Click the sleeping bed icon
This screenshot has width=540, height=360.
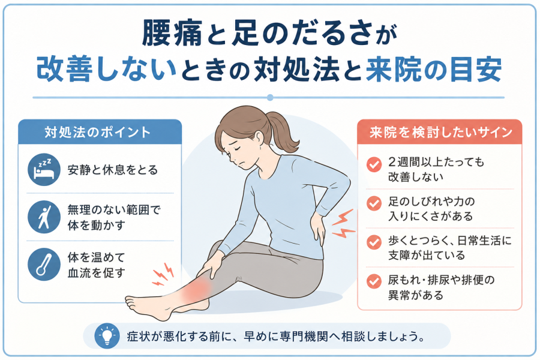(x=44, y=169)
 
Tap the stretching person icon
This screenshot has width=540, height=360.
(x=44, y=217)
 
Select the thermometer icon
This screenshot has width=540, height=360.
(x=44, y=265)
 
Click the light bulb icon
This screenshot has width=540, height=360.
(x=107, y=335)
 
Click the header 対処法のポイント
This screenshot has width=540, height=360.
(x=98, y=132)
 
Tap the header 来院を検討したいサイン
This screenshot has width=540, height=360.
(x=441, y=132)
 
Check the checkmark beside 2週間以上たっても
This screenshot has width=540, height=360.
(x=374, y=164)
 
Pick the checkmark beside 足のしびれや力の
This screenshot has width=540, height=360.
(x=374, y=203)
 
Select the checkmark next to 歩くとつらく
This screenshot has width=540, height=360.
(x=374, y=242)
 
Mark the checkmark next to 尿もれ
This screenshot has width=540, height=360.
(x=374, y=281)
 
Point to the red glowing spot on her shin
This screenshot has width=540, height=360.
(x=196, y=289)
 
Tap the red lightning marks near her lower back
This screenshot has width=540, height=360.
(x=343, y=224)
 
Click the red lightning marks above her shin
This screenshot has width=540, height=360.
(x=163, y=275)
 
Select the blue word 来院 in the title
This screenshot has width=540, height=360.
(x=394, y=70)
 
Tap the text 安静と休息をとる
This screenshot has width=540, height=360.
(x=113, y=170)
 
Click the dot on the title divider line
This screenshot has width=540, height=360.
(x=270, y=97)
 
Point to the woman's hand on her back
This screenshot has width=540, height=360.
(x=317, y=227)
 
